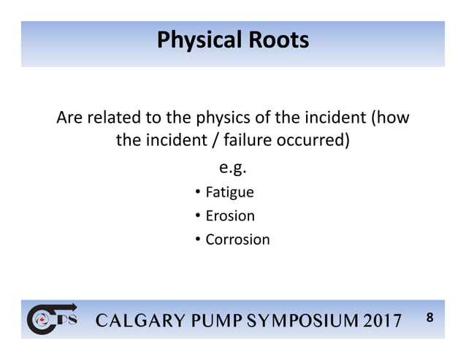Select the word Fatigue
tap(229, 193)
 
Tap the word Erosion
tap(230, 216)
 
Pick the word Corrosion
tap(237, 240)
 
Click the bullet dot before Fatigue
tap(198, 193)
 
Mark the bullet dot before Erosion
tap(198, 216)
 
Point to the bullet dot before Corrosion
tap(198, 240)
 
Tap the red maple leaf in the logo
tap(41, 320)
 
